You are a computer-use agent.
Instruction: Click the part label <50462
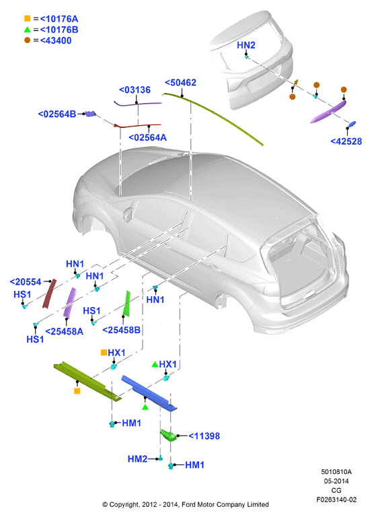click(180, 82)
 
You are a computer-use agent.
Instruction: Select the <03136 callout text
click(135, 90)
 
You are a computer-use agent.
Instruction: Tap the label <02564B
click(57, 114)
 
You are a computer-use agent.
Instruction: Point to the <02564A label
click(147, 137)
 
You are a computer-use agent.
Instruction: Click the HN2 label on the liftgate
click(246, 45)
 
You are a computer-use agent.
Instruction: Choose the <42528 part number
click(346, 141)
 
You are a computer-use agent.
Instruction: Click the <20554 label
click(26, 282)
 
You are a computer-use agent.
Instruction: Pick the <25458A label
click(64, 331)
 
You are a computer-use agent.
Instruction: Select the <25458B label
click(121, 330)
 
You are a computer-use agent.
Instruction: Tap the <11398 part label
click(204, 436)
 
